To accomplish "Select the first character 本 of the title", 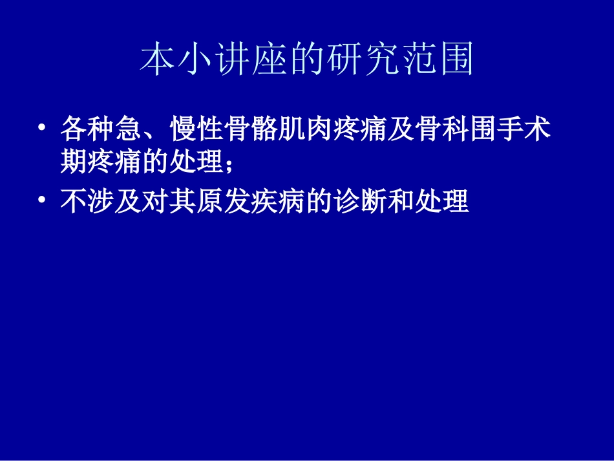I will coord(155,61).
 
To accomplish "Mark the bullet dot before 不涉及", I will coord(42,202).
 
